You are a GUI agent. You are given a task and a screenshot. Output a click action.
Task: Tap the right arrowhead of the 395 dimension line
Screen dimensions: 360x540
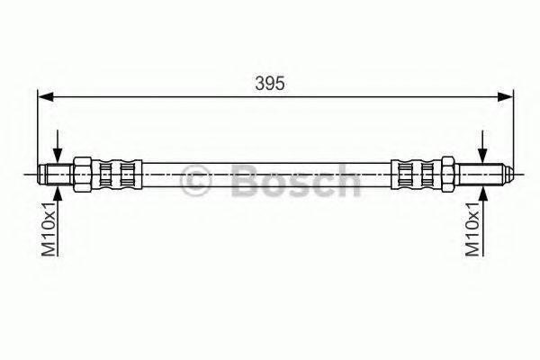tap(505, 95)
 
